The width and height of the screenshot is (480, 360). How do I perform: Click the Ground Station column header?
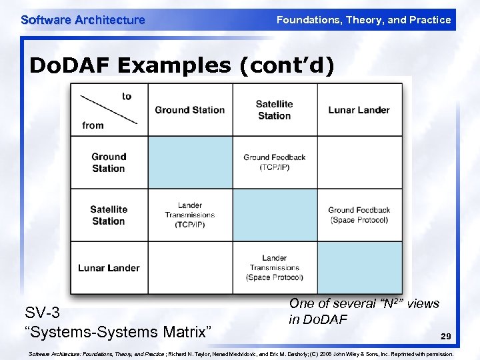click(x=189, y=110)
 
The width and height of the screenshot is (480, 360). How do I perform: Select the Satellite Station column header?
click(x=274, y=110)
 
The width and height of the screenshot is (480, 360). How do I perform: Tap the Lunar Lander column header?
click(x=359, y=110)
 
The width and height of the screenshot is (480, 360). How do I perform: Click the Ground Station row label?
click(x=109, y=163)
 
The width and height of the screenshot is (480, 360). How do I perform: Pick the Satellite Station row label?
click(x=109, y=215)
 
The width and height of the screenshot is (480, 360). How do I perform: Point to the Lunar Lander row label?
click(x=109, y=268)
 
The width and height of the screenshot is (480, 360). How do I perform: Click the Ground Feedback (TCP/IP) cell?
click(x=274, y=163)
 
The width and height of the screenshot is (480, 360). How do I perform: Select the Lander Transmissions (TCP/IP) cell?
click(x=190, y=215)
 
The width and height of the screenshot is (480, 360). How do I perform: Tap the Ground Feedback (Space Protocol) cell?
click(x=359, y=215)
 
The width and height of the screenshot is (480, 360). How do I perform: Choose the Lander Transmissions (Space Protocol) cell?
click(x=274, y=268)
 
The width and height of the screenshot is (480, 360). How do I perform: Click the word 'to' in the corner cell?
click(x=127, y=96)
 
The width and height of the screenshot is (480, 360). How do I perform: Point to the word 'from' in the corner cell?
click(x=93, y=125)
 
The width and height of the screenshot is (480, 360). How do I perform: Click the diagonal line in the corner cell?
click(x=108, y=109)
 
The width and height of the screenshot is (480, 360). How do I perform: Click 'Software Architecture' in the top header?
click(x=83, y=20)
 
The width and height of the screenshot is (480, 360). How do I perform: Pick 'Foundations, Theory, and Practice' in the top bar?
click(x=363, y=20)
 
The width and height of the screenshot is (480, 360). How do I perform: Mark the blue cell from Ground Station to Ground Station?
click(x=190, y=163)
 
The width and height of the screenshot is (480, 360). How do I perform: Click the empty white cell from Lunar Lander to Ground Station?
click(x=190, y=268)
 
